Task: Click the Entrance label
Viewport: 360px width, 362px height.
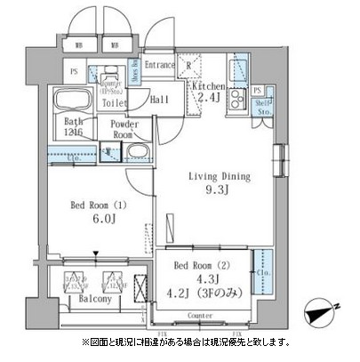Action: pos(160,65)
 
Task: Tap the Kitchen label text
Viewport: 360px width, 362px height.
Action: pos(208,85)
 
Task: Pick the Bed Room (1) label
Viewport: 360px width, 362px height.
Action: pos(92,206)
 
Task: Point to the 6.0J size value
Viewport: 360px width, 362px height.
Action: pos(92,222)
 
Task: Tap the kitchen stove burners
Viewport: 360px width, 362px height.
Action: pos(238,99)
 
